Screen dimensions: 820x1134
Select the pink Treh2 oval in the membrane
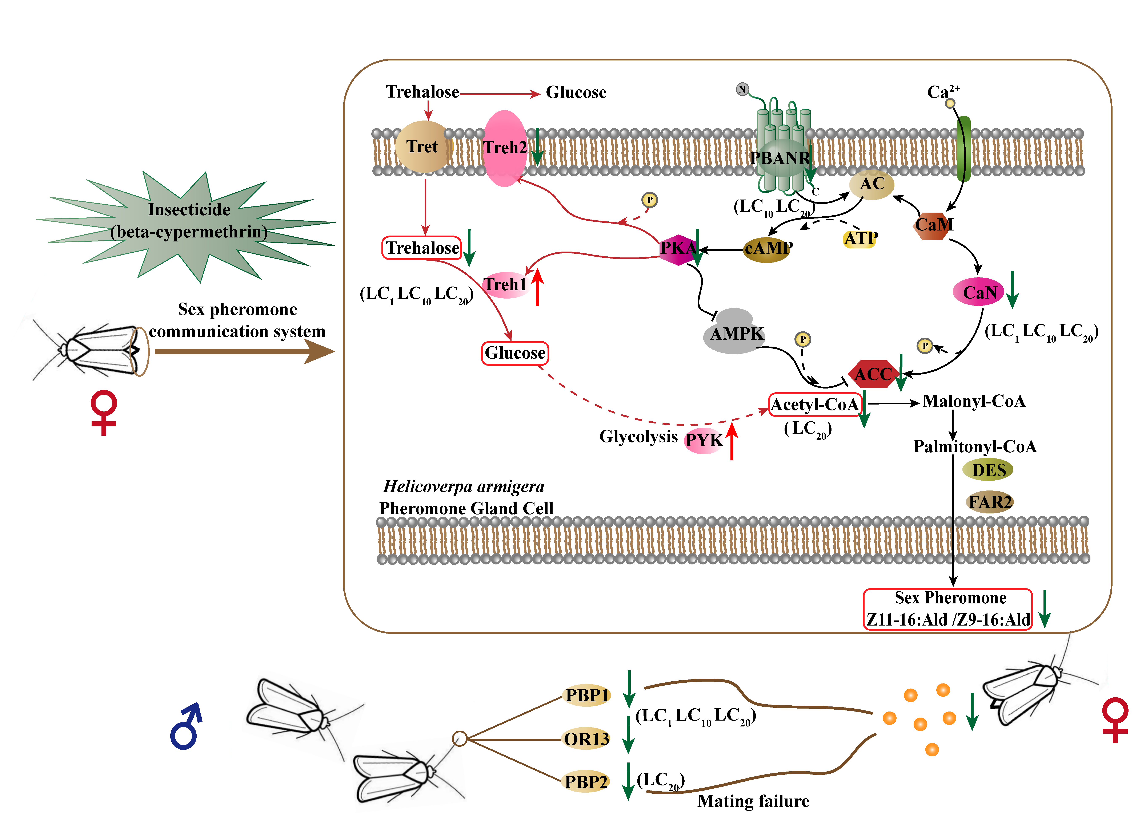[505, 148]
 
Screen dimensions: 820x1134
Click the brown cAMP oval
[768, 249]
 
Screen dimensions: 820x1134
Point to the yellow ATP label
[861, 239]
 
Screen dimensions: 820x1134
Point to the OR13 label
[586, 739]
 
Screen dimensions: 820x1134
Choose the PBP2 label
[585, 781]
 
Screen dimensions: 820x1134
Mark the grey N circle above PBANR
[742, 90]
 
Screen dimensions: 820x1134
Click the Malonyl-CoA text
[974, 401]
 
